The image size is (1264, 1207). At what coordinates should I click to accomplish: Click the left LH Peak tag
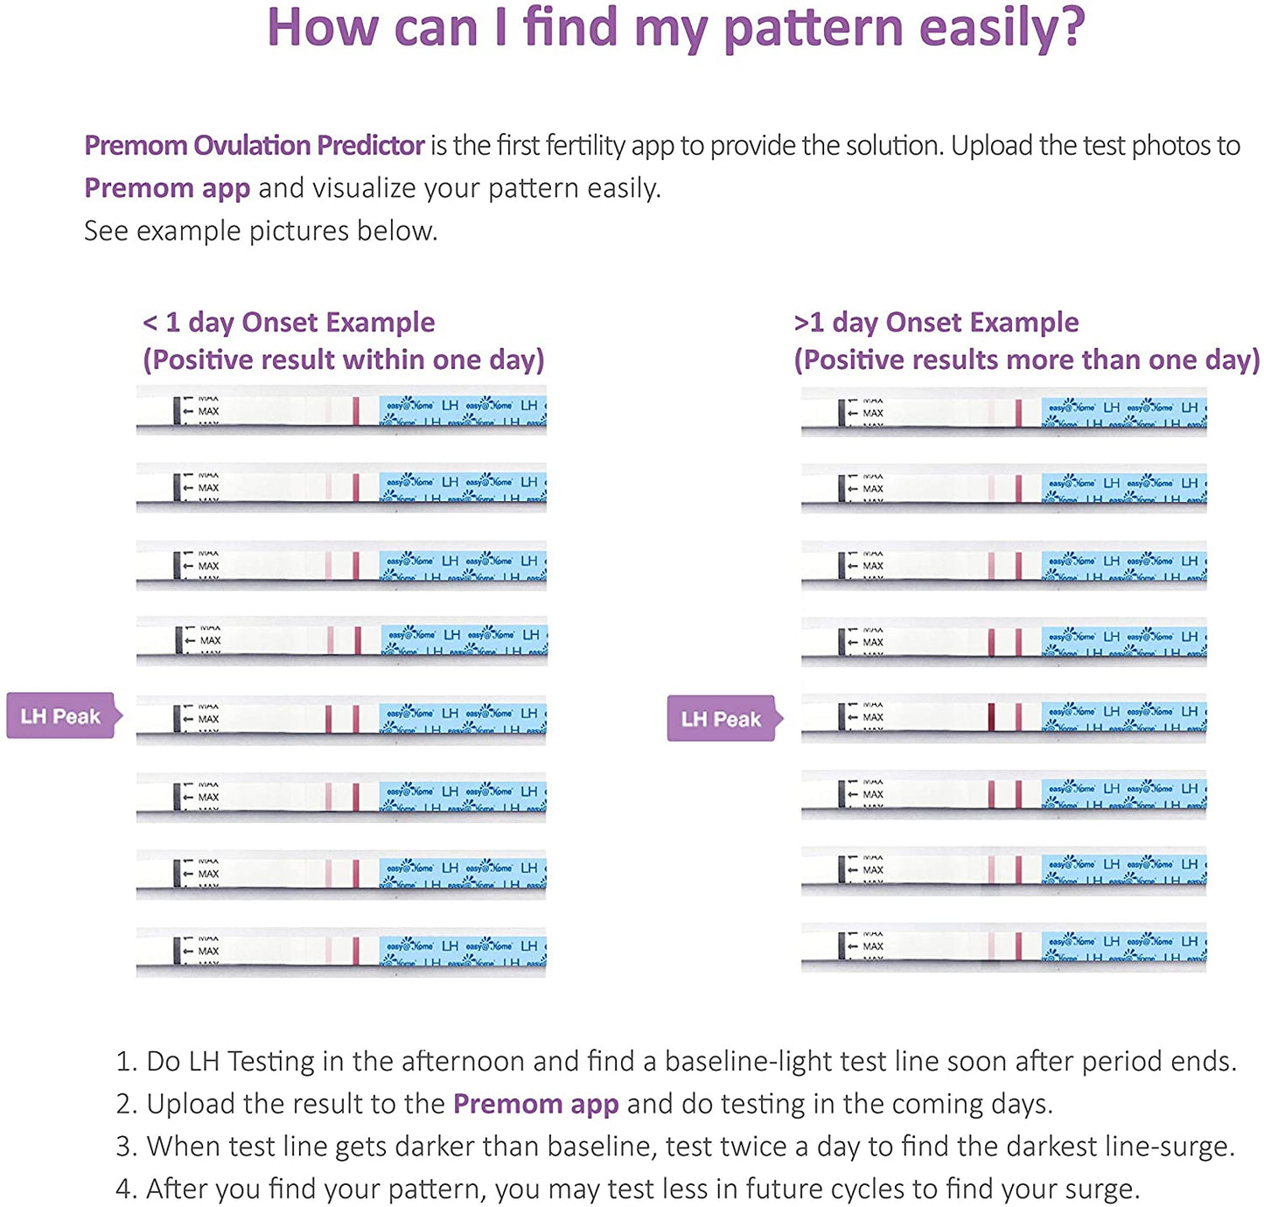(x=60, y=716)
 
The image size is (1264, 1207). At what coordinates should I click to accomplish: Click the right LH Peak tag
(x=721, y=719)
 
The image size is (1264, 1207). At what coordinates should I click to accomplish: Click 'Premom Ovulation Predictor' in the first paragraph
(x=255, y=145)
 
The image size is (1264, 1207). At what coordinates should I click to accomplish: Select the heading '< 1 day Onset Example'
(x=289, y=322)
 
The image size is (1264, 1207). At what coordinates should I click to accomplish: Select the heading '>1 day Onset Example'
(x=936, y=322)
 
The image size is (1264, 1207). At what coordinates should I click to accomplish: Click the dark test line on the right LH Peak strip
(x=991, y=717)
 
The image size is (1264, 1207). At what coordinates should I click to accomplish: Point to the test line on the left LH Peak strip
(x=329, y=719)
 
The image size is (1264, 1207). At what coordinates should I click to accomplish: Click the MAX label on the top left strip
(x=208, y=411)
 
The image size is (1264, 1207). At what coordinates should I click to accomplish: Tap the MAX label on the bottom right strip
(x=872, y=946)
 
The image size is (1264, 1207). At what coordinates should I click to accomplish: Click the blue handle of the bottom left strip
(x=462, y=951)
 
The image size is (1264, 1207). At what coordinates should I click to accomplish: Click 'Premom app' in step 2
(x=535, y=1104)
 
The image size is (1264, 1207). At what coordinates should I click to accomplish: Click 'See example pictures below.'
(x=261, y=231)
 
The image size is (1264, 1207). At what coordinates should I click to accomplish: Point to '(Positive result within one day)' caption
(x=343, y=359)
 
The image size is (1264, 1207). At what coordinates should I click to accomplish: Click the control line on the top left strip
(x=356, y=411)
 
